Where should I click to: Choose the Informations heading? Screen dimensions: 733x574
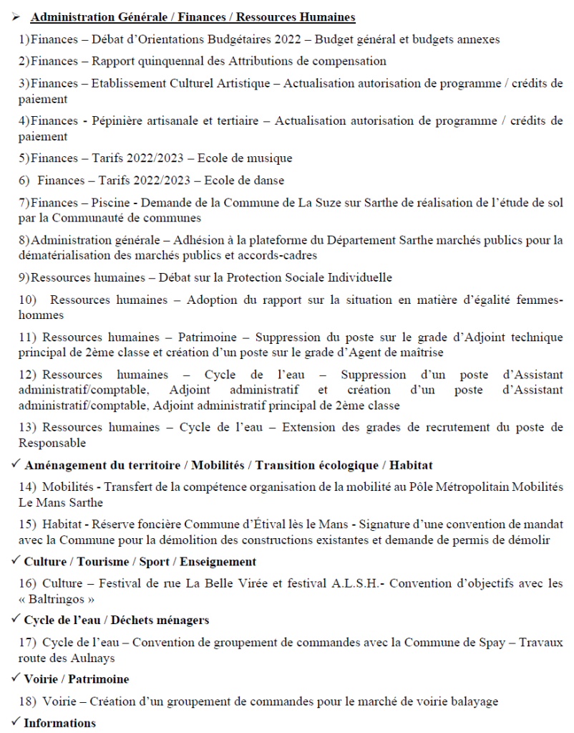(59, 722)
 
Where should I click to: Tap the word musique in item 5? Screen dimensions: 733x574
(271, 158)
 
